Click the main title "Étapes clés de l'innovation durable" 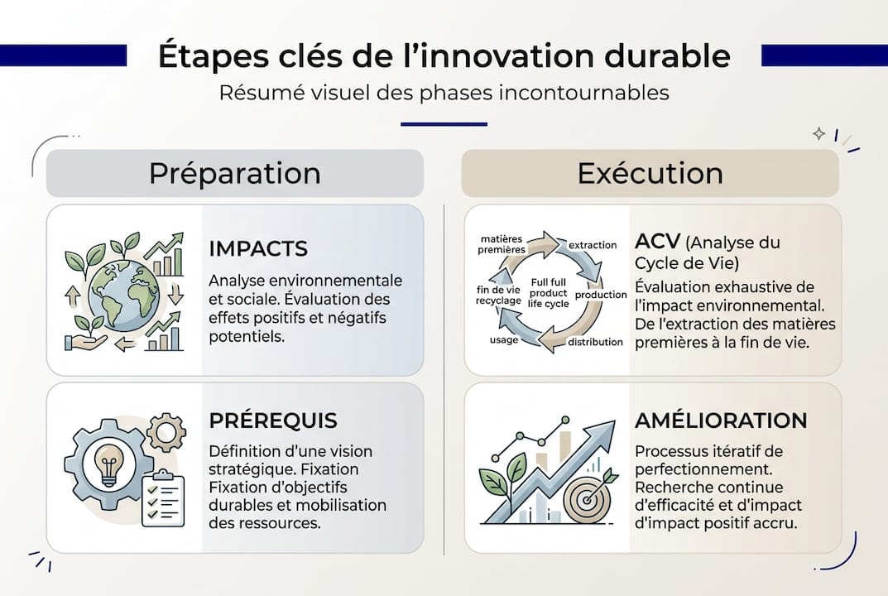pos(444,55)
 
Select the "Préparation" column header pos(235,174)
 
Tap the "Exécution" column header pos(650,174)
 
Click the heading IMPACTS pos(258,248)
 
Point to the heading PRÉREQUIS pos(273,421)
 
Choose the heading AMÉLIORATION pos(720,421)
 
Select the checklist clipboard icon pos(163,497)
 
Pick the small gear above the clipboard pos(166,431)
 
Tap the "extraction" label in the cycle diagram pos(593,245)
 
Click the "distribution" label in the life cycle pos(595,342)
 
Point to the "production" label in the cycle pos(600,295)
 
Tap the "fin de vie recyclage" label pos(499,295)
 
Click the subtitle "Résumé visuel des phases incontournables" pos(444,92)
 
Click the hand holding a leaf pos(87,338)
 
